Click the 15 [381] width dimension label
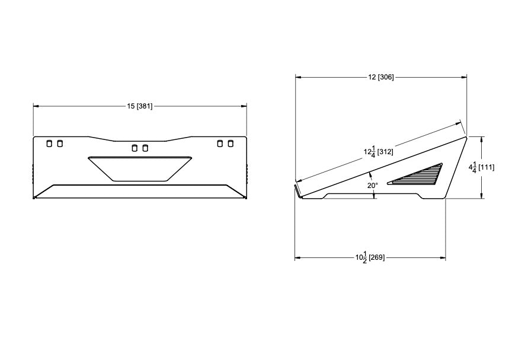click(140, 106)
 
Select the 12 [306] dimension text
click(381, 77)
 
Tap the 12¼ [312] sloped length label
click(379, 152)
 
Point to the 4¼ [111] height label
click(482, 167)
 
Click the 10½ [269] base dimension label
click(370, 258)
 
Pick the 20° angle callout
click(373, 185)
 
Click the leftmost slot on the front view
click(49, 144)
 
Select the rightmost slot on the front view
click(231, 144)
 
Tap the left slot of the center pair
click(134, 148)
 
